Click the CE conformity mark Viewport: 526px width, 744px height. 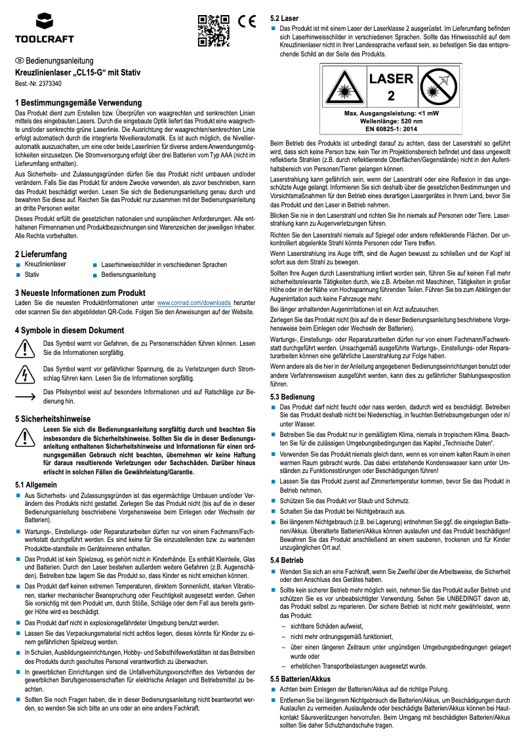click(246, 21)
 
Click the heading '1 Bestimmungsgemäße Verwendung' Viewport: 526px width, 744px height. click(78, 103)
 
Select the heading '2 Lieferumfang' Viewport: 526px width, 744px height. click(42, 254)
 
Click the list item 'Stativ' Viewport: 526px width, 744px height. click(32, 274)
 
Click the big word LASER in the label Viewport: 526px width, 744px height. click(391, 79)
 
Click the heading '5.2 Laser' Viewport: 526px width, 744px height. click(285, 18)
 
